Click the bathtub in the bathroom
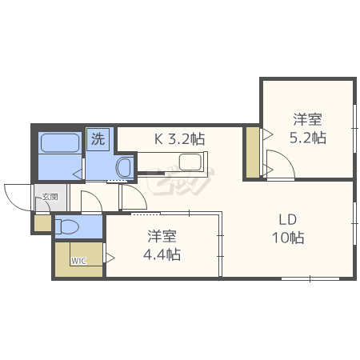point(60,143)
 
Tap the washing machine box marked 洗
point(98,139)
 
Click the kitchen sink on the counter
point(190,162)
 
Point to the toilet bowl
point(67,226)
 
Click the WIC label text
point(78,261)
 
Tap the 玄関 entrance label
point(50,197)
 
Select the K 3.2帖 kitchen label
point(180,139)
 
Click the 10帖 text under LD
point(288,238)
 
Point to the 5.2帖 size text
point(308,138)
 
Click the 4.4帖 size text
point(162,254)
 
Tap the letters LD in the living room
point(288,220)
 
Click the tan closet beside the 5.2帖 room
point(252,152)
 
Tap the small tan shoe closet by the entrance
point(42,223)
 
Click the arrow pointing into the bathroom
point(78,174)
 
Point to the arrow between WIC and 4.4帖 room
point(110,258)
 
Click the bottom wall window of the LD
point(310,279)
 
